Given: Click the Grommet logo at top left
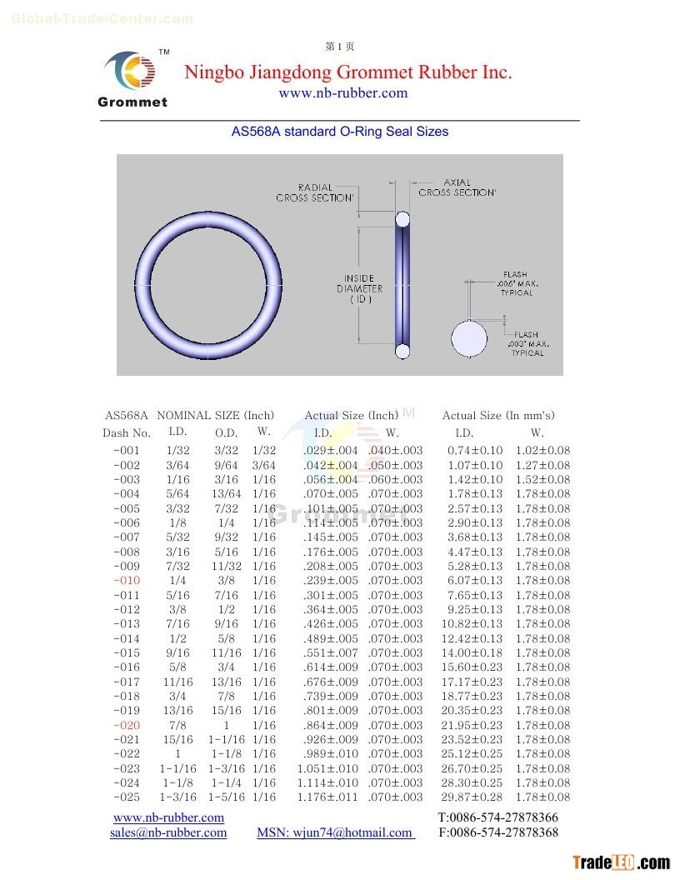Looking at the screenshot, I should point(132,79).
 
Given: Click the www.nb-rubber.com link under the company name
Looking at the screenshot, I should point(342,93).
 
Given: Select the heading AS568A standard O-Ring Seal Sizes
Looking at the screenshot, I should point(339,132).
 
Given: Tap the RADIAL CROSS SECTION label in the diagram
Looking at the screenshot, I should point(315,192).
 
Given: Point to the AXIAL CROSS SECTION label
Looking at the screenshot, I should point(457,187).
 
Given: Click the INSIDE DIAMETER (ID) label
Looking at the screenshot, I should point(359,288).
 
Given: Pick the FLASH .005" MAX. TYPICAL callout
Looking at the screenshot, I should point(517,283).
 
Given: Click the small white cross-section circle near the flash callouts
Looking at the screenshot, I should point(469,338).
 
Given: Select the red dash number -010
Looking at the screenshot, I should point(127,581).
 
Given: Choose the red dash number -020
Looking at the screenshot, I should point(127,726).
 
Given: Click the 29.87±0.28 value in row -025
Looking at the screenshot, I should point(472,797).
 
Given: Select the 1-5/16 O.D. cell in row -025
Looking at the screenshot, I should point(226,797).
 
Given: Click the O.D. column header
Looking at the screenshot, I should point(225,432).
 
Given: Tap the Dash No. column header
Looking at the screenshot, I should point(127,432).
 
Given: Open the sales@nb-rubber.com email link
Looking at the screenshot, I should point(168,832).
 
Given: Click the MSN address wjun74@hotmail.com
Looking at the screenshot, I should point(335,832).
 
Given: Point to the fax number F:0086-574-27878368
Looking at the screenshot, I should point(498,832).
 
